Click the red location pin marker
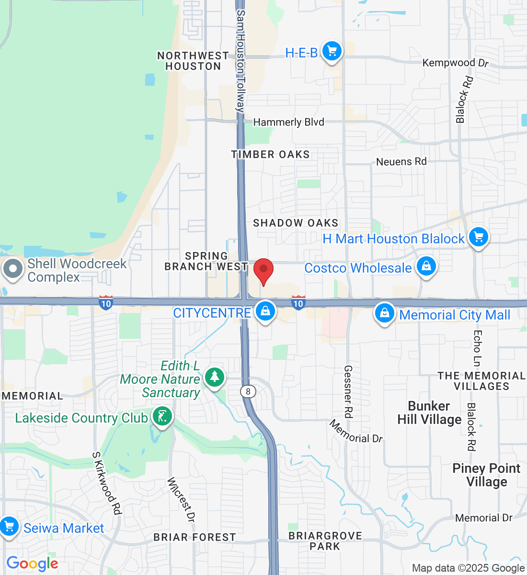pyautogui.click(x=263, y=270)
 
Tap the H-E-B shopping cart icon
pyautogui.click(x=332, y=51)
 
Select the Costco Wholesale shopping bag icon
pyautogui.click(x=426, y=266)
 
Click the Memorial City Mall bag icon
pyautogui.click(x=384, y=313)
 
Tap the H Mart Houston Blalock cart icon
pyautogui.click(x=478, y=237)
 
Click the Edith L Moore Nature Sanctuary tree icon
pyautogui.click(x=215, y=377)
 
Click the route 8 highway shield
pyautogui.click(x=248, y=391)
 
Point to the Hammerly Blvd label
pyautogui.click(x=288, y=122)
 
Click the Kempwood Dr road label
pyautogui.click(x=455, y=63)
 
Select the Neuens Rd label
pyautogui.click(x=401, y=161)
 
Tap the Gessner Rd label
pyautogui.click(x=348, y=391)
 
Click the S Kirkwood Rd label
pyautogui.click(x=106, y=483)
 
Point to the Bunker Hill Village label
pyautogui.click(x=429, y=413)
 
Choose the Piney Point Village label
pyautogui.click(x=486, y=475)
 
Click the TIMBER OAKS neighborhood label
pyautogui.click(x=270, y=154)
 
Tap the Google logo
pyautogui.click(x=32, y=564)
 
